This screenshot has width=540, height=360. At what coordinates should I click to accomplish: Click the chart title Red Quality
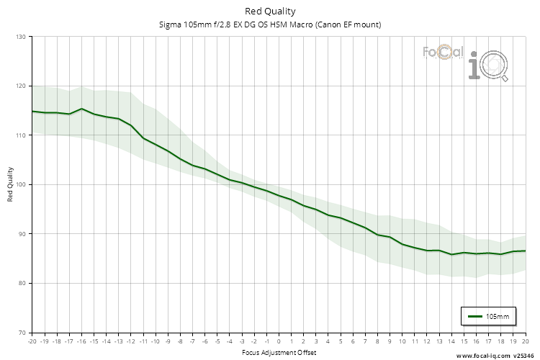point(270,11)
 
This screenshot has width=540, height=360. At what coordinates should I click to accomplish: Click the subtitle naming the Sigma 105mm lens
point(270,24)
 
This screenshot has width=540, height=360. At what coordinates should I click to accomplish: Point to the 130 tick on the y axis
point(20,37)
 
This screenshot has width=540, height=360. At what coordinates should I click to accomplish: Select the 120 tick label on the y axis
point(20,86)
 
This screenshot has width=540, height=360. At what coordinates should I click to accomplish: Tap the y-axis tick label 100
point(20,184)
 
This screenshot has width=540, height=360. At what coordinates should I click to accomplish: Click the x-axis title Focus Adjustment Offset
point(278,352)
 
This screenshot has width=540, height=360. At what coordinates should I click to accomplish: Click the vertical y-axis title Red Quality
point(10,184)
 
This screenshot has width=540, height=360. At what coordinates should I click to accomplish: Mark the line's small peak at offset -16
point(81,109)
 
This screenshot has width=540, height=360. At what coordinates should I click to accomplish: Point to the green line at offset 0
point(279,195)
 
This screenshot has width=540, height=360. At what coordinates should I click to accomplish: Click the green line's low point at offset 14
point(451,254)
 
